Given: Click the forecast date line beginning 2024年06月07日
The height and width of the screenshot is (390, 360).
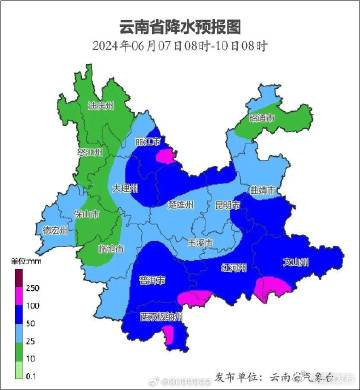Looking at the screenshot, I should tap(180, 46).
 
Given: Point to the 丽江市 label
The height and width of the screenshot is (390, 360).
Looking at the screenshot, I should tap(147, 143).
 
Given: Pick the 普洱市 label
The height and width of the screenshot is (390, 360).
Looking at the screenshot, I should tap(151, 279).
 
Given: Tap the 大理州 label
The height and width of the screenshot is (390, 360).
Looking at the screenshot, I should tap(124, 187).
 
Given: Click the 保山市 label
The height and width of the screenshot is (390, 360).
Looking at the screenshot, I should tap(86, 213).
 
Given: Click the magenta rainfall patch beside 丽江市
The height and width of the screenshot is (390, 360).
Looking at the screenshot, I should tap(164, 154).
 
